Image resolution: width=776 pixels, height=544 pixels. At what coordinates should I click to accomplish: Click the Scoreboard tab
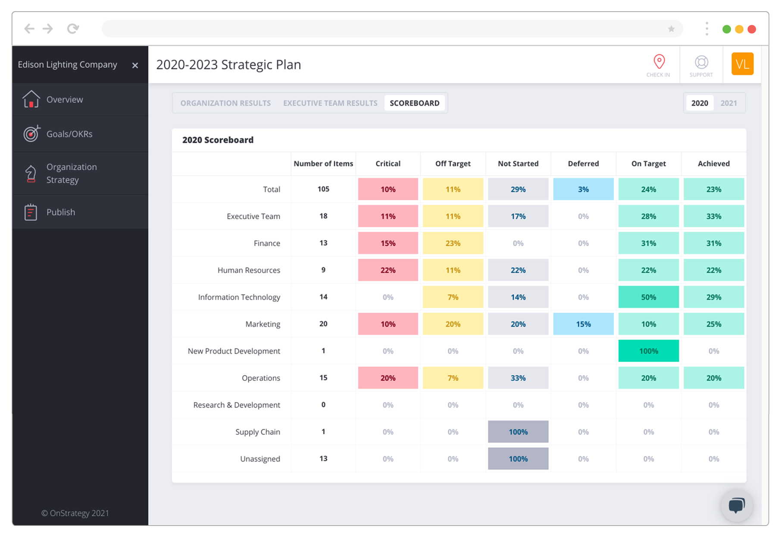click(x=414, y=103)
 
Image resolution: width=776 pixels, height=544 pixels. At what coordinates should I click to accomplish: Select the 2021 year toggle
click(x=729, y=103)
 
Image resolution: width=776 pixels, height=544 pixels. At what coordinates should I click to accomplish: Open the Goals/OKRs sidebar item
click(x=69, y=134)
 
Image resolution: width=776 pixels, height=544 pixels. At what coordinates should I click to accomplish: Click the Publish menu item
click(x=60, y=212)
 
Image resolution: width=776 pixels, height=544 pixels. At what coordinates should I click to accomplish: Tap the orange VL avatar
click(x=742, y=64)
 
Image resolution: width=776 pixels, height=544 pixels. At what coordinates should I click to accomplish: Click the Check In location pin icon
click(x=658, y=62)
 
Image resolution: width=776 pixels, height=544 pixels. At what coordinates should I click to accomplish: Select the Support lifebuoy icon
click(x=701, y=63)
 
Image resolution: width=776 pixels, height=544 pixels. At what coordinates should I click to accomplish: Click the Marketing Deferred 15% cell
click(x=583, y=324)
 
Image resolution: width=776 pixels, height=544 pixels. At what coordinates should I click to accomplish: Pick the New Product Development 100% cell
click(x=648, y=351)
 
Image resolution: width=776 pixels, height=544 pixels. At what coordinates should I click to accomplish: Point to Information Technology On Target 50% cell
click(x=648, y=297)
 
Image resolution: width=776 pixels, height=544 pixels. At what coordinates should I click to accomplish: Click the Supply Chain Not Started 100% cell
click(x=518, y=432)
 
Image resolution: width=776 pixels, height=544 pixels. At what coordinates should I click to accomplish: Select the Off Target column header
click(x=453, y=164)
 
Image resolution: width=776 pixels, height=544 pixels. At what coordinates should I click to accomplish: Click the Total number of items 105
click(x=323, y=189)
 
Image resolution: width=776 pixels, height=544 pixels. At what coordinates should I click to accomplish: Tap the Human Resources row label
click(x=248, y=270)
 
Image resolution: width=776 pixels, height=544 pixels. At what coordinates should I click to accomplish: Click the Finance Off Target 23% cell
click(x=453, y=243)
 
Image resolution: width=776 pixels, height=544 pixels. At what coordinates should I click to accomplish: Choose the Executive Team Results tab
click(x=330, y=103)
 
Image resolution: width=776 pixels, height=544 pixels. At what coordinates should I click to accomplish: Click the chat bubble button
click(x=736, y=505)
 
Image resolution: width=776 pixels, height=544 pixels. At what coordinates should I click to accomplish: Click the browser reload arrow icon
click(x=73, y=29)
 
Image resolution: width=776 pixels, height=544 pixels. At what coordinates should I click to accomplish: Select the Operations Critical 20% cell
click(x=388, y=378)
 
